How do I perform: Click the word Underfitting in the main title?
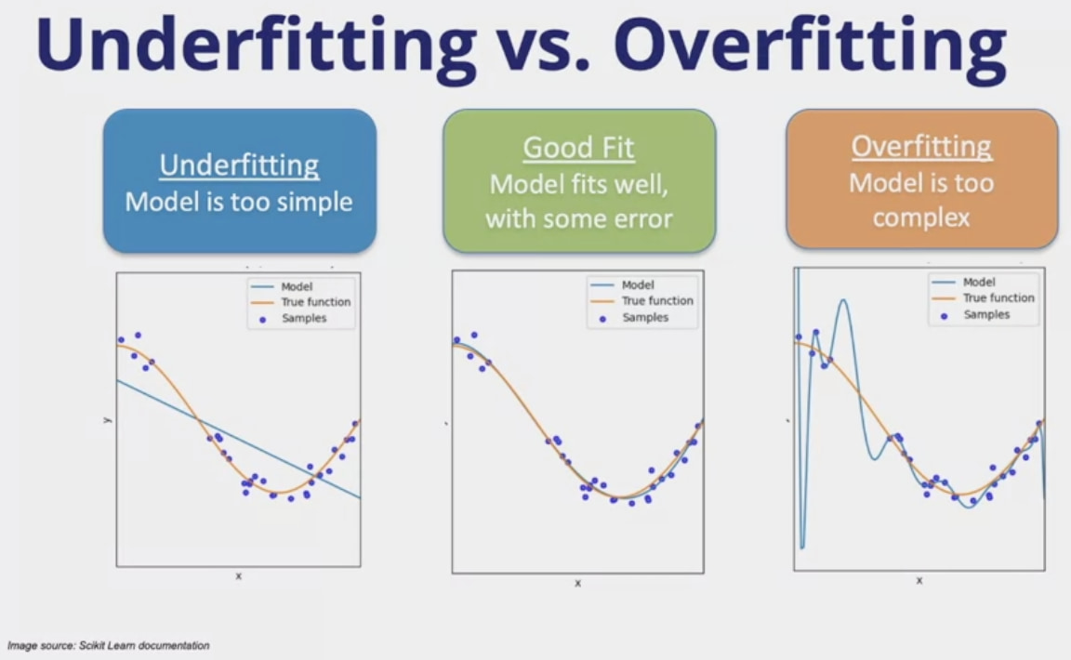pos(257,46)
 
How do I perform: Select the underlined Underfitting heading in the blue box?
pos(239,165)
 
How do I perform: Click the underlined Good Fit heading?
pos(578,148)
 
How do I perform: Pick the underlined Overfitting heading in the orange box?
pos(921,147)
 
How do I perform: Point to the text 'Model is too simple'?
pos(239,202)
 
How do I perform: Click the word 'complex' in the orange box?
pos(921,218)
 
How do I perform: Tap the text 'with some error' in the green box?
pos(579,218)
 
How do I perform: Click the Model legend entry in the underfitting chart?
pos(282,286)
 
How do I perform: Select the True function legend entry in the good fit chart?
pos(641,300)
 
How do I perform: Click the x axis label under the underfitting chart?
pos(238,576)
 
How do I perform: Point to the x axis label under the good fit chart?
pos(578,583)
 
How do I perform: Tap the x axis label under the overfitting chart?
pos(919,580)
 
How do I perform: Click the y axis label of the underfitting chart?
pos(107,419)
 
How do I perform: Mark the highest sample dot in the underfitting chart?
pos(138,335)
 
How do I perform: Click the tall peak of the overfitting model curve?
pos(844,300)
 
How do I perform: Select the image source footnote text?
pos(108,645)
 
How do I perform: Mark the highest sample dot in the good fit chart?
pos(474,335)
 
